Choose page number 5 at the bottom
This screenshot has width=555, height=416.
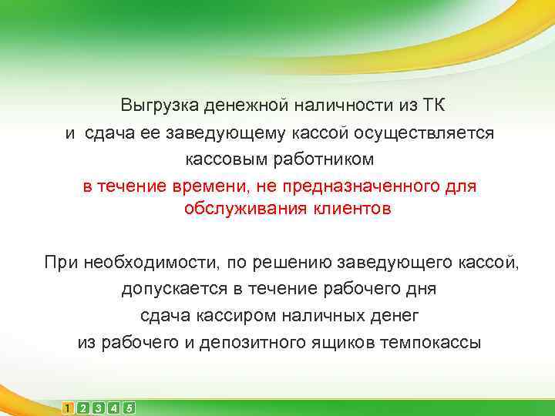point(129,408)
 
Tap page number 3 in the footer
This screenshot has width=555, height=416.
point(99,408)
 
